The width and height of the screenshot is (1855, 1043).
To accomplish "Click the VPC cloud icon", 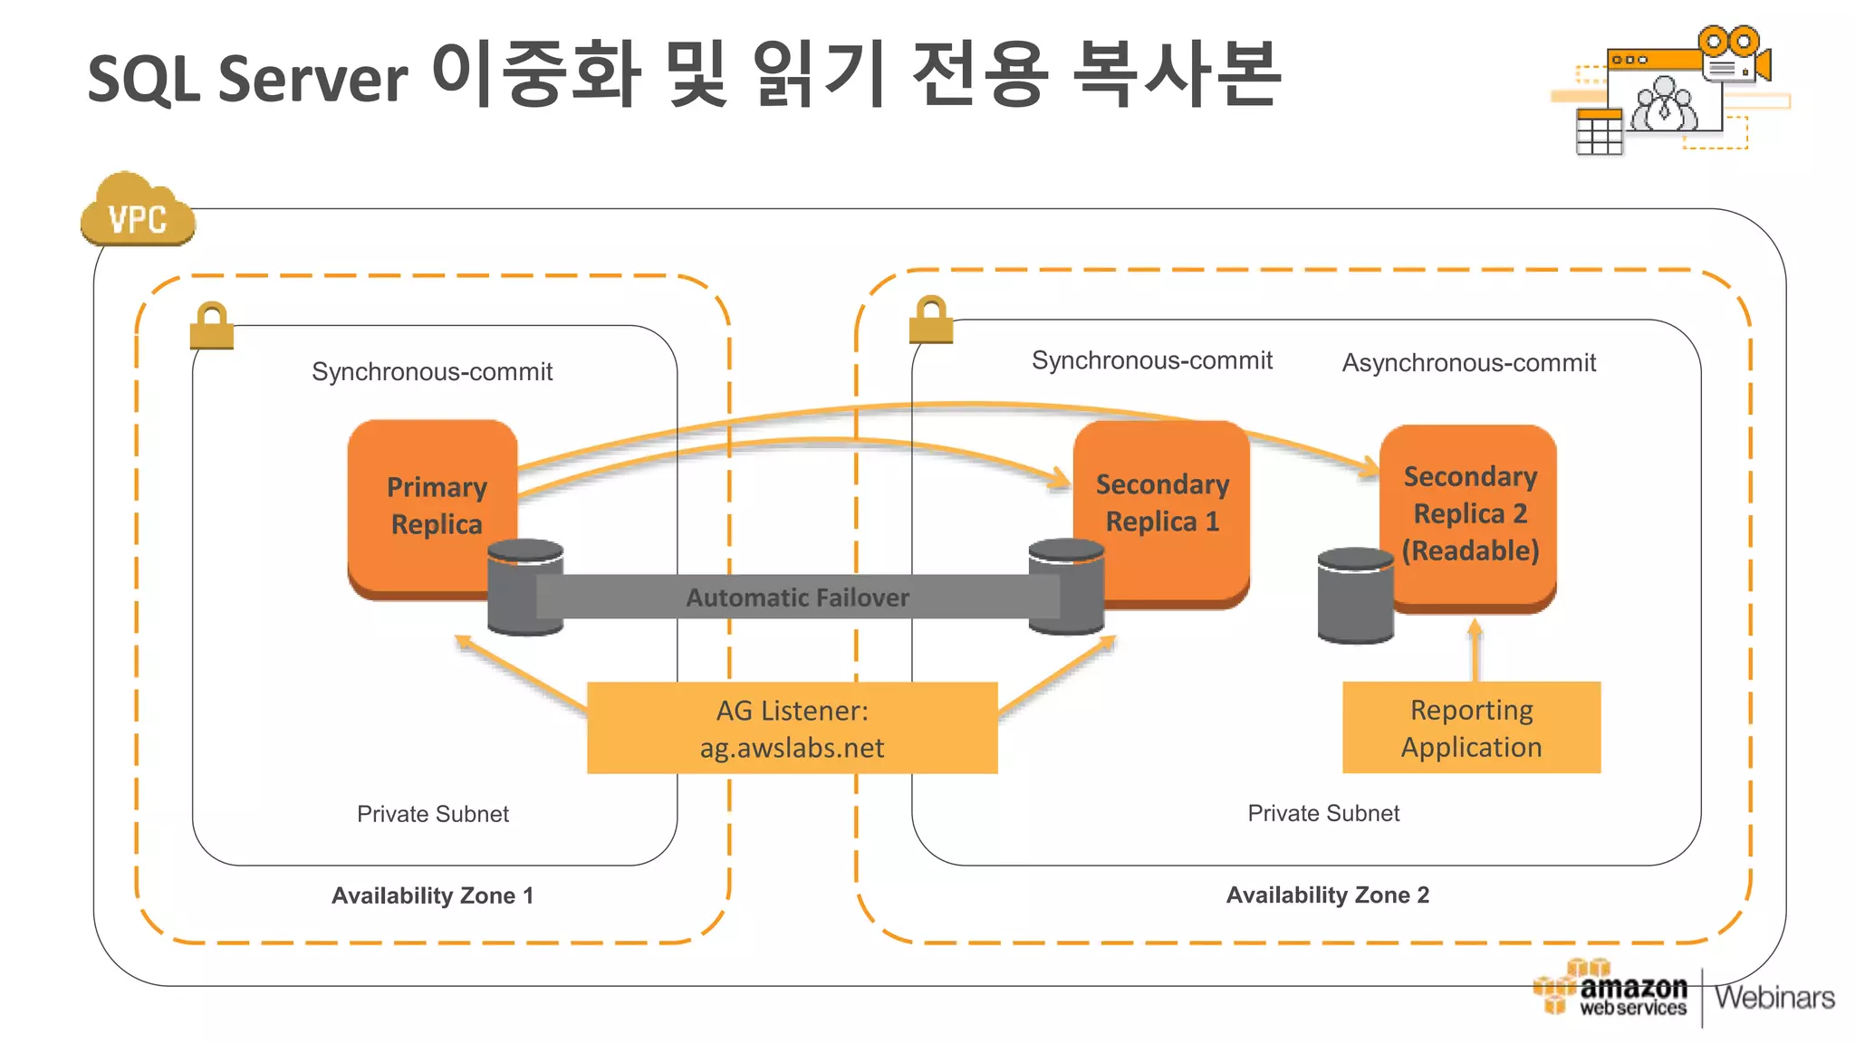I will (137, 213).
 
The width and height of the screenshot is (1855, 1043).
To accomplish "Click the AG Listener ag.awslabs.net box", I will (792, 728).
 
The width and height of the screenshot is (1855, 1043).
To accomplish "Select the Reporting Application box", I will (1471, 728).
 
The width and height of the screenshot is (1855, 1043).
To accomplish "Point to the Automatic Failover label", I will (797, 598).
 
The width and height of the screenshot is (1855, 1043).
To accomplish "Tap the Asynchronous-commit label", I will (1468, 363).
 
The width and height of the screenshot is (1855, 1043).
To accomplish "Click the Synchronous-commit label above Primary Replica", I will (432, 372).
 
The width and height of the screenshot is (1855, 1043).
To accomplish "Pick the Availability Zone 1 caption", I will (432, 895).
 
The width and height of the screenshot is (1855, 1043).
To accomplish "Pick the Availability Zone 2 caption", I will (1327, 895).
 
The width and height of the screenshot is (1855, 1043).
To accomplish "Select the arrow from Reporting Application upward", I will (1475, 650).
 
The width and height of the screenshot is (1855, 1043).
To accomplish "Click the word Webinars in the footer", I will (1774, 998).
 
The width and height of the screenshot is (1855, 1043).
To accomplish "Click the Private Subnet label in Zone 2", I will (1322, 813).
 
